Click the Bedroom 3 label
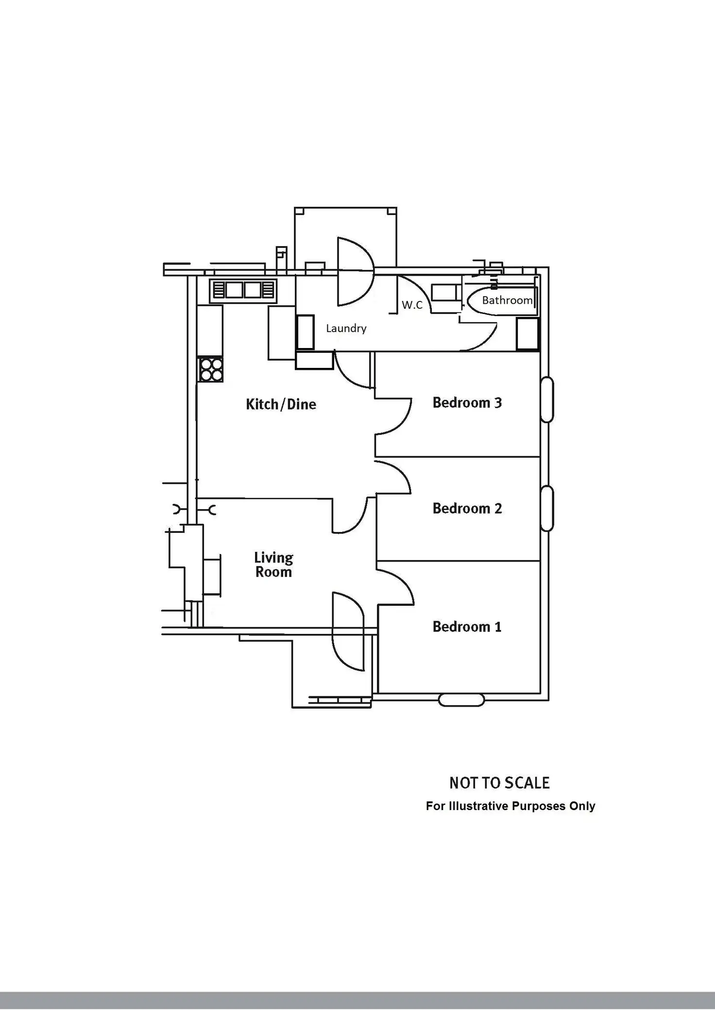pyautogui.click(x=467, y=403)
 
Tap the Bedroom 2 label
pyautogui.click(x=467, y=509)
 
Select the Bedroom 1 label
pyautogui.click(x=467, y=627)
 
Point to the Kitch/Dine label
pyautogui.click(x=281, y=404)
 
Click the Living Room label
pyautogui.click(x=273, y=564)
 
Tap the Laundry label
pyautogui.click(x=346, y=329)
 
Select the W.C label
pyautogui.click(x=412, y=305)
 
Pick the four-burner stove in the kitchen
pyautogui.click(x=210, y=369)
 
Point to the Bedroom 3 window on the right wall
pyautogui.click(x=547, y=399)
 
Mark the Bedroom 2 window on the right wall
pyautogui.click(x=547, y=508)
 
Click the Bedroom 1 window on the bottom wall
pyautogui.click(x=461, y=700)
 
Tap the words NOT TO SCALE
pyautogui.click(x=499, y=783)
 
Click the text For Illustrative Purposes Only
pyautogui.click(x=510, y=806)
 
